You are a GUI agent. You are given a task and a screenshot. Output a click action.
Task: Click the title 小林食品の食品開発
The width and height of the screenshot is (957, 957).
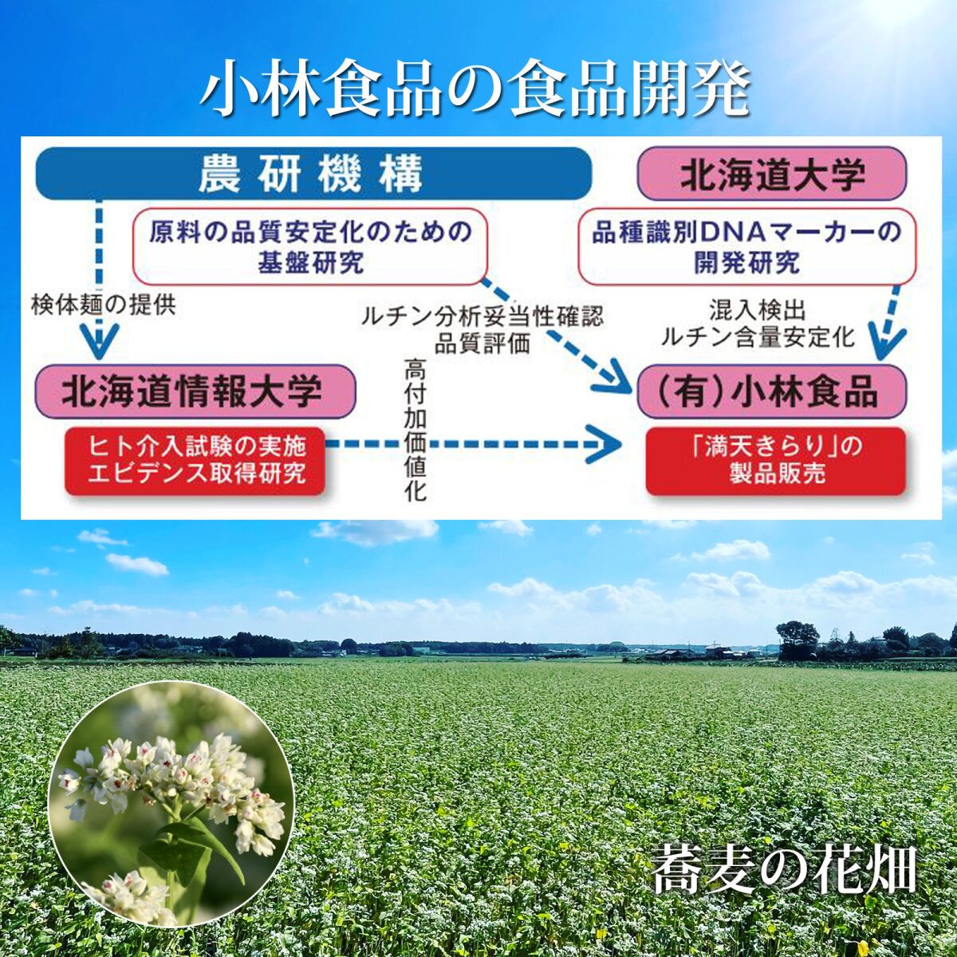coord(475,91)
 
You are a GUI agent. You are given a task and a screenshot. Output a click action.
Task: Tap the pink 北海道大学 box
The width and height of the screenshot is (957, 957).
coord(772,174)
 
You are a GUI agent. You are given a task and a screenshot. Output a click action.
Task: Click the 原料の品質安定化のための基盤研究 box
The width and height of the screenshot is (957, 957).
coord(309,246)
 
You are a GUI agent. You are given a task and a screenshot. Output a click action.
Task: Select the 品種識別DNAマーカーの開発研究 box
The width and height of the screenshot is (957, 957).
coord(746,246)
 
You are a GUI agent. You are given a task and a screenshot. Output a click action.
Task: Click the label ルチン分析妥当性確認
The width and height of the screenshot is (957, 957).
coord(482,317)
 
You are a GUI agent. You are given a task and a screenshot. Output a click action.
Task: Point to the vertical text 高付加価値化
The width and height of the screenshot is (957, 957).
coord(415,431)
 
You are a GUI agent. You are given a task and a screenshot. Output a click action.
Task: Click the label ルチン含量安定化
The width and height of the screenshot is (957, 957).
coord(758,337)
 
